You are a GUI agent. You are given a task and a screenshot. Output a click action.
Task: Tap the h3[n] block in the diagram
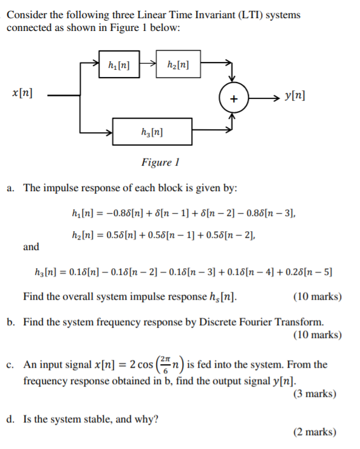152,131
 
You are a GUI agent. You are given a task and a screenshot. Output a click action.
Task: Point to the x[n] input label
22,94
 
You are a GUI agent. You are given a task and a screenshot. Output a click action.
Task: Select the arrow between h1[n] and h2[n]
148,62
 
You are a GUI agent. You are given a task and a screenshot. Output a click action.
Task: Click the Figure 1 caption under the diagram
161,162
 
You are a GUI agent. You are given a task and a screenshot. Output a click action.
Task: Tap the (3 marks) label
314,394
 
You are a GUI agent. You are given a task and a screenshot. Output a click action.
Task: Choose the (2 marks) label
314,432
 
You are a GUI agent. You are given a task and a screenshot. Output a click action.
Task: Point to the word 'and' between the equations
31,246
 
